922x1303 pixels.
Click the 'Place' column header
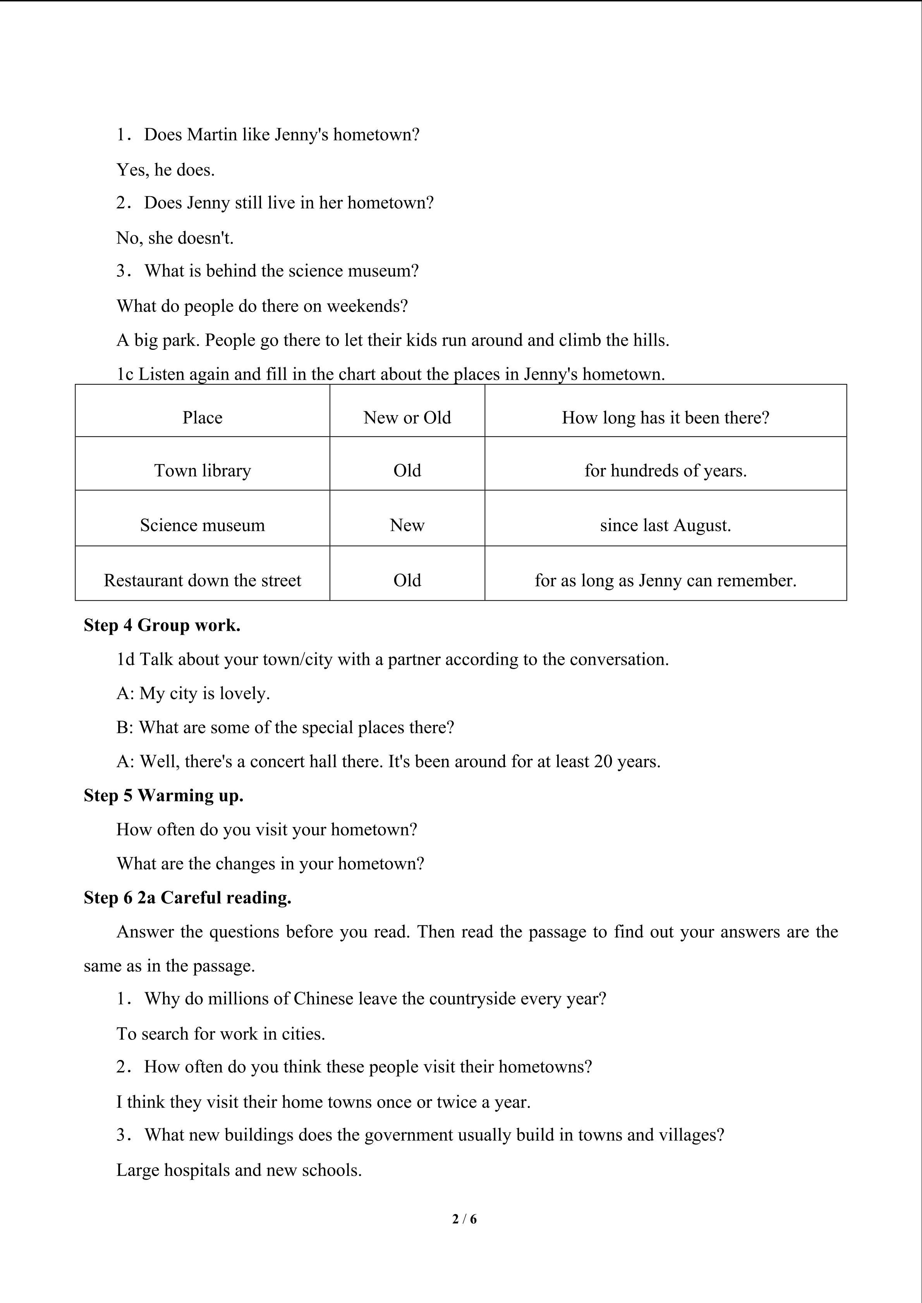point(202,418)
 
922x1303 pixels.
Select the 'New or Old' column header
point(407,418)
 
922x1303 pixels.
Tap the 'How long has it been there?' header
point(665,418)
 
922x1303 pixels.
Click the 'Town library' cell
point(202,471)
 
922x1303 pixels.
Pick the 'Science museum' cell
point(202,525)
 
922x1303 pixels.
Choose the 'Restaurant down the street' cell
point(202,580)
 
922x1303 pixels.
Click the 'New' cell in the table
point(407,525)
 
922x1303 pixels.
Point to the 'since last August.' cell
point(665,525)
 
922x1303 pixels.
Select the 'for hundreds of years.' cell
point(665,471)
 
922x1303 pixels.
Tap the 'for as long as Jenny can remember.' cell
point(665,580)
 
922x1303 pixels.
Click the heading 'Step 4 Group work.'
point(162,625)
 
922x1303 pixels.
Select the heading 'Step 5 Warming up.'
point(163,795)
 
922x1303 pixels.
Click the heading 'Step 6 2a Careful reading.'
point(187,897)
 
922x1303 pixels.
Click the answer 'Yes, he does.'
point(165,170)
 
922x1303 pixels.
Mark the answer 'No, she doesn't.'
point(175,238)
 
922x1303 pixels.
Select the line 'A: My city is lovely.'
point(193,693)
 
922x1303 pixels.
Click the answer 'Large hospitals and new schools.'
point(239,1169)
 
